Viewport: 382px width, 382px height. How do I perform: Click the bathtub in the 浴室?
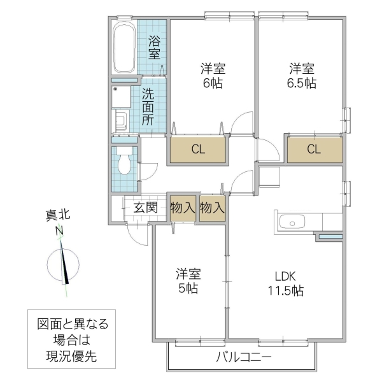point(124,49)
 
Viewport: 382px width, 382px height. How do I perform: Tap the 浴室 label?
point(154,48)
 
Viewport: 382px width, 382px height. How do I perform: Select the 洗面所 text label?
point(148,106)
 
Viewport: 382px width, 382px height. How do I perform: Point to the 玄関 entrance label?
point(145,207)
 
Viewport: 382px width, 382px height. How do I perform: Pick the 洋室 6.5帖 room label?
point(301,76)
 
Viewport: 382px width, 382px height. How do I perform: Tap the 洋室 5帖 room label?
point(188,281)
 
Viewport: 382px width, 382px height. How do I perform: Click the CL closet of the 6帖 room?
point(197,150)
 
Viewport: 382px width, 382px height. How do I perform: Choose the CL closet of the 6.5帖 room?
point(313,150)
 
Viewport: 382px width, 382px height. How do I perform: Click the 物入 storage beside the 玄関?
point(182,207)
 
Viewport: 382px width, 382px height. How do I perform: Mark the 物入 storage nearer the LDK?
point(212,207)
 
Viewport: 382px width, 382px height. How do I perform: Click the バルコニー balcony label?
point(243,357)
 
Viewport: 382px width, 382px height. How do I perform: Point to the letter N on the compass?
point(60,230)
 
